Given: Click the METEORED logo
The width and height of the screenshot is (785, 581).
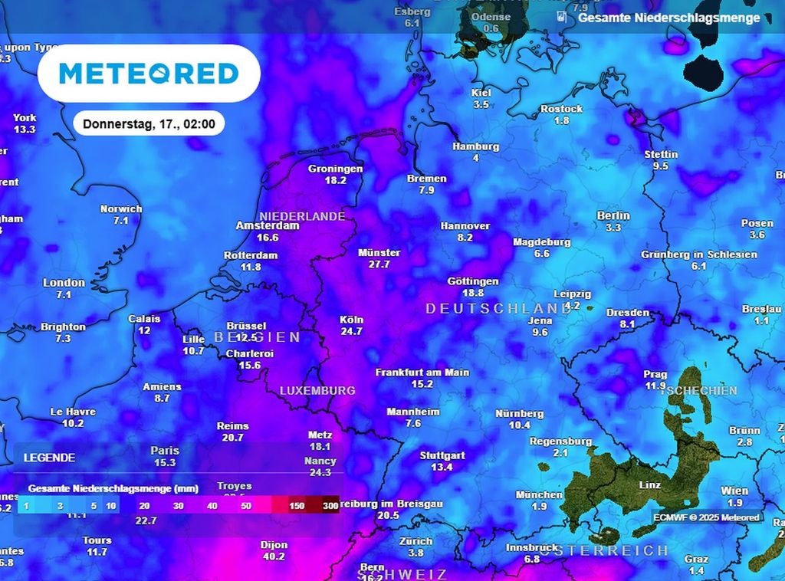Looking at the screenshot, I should (x=149, y=74).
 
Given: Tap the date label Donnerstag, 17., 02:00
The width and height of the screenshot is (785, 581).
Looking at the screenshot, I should (x=149, y=123).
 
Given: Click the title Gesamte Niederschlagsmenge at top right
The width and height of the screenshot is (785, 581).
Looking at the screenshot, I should (x=668, y=18).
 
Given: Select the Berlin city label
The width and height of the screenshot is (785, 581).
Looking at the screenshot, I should (x=613, y=216).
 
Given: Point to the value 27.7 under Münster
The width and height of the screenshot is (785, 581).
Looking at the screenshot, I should (x=379, y=264).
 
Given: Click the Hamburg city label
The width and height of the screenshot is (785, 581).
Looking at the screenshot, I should (x=475, y=146).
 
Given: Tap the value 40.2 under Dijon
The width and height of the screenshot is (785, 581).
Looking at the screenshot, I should (x=274, y=556).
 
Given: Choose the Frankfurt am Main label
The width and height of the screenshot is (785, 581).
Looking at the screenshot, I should (x=422, y=373).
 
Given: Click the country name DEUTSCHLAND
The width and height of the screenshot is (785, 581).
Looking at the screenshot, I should (x=488, y=308).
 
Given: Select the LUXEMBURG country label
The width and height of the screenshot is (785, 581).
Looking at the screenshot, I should (x=317, y=391).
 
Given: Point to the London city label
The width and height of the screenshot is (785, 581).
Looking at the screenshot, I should (x=64, y=283).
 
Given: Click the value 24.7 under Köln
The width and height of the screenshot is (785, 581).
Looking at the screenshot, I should (x=351, y=331).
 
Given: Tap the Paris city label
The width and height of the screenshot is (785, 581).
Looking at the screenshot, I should (x=165, y=451).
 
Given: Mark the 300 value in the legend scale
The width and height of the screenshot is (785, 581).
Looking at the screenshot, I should (x=330, y=506).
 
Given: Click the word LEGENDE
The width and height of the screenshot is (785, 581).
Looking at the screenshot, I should (x=49, y=458).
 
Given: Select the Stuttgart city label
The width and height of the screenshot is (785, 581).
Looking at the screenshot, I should (x=442, y=455).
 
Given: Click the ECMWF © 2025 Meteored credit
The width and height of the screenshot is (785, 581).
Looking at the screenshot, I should (x=706, y=517).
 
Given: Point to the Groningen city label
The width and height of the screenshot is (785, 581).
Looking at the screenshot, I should (x=335, y=169).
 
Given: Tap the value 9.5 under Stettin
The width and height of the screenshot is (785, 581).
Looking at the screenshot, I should (x=660, y=166).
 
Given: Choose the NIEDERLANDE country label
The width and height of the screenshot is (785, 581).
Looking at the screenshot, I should (x=302, y=216).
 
